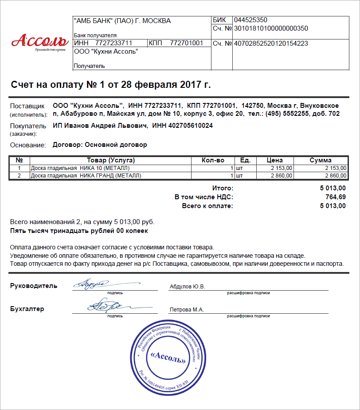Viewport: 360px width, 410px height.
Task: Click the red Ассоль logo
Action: coord(39,41)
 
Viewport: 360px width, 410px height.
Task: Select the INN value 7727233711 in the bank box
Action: coord(114,43)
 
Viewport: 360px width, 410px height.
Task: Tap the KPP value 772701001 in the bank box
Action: coord(186,43)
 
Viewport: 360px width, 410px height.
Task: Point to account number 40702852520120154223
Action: coord(271,43)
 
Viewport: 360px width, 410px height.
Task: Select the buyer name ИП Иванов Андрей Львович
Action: coord(100,126)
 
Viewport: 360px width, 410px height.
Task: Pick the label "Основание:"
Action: coord(27,145)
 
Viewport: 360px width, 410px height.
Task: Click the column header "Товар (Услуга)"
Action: coord(111,160)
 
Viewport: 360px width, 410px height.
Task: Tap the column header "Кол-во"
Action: coord(213,160)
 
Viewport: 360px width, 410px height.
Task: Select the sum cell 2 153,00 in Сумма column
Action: coord(335,168)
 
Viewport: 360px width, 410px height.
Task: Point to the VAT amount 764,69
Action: coord(335,197)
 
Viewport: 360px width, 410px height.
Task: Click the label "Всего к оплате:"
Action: coord(207,206)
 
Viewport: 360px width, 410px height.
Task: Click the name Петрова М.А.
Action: coord(187,310)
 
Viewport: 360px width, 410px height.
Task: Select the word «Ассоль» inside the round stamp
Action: coord(168,358)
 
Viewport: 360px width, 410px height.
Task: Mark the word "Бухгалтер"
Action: coord(27,309)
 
